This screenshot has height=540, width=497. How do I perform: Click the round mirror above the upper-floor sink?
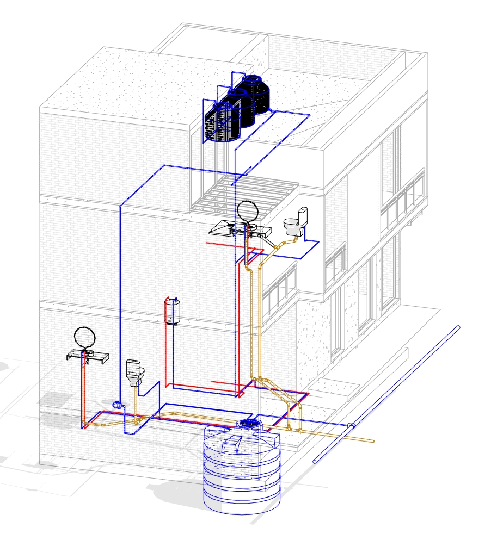click(x=248, y=211)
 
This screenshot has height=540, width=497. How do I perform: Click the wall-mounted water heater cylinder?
click(x=173, y=312)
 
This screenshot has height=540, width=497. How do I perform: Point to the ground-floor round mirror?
click(x=85, y=336)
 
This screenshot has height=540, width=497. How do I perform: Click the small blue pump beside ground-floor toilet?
click(x=116, y=404)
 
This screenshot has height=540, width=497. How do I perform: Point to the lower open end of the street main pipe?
click(x=315, y=462)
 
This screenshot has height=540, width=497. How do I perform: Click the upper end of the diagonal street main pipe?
click(x=458, y=327)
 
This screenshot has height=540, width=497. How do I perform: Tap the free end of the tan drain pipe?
click(x=373, y=441)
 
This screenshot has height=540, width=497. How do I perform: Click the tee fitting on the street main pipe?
click(x=352, y=425)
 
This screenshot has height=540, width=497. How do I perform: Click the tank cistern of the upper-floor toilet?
click(x=302, y=214)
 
